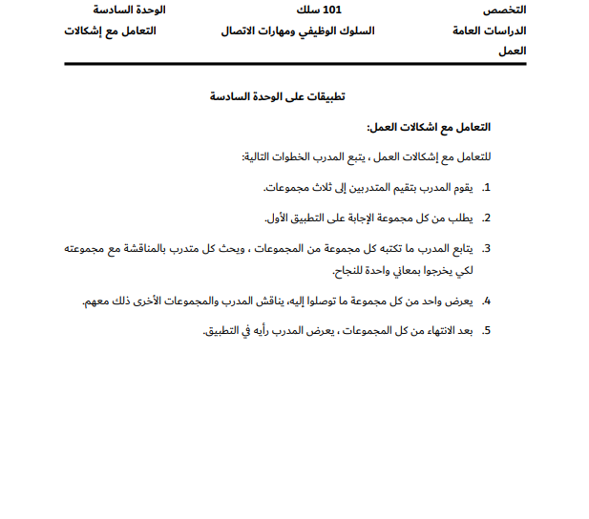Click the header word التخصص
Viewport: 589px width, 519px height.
click(x=505, y=10)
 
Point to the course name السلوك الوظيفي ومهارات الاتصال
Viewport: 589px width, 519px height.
click(x=297, y=31)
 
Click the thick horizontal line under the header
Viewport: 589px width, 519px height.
click(x=294, y=63)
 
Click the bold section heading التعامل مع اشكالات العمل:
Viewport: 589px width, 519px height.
click(x=429, y=127)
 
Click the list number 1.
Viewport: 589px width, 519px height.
click(x=486, y=187)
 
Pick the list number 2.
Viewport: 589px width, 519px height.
click(x=486, y=218)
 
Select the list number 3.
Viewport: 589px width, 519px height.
click(x=486, y=248)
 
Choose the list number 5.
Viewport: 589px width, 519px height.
click(x=486, y=331)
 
